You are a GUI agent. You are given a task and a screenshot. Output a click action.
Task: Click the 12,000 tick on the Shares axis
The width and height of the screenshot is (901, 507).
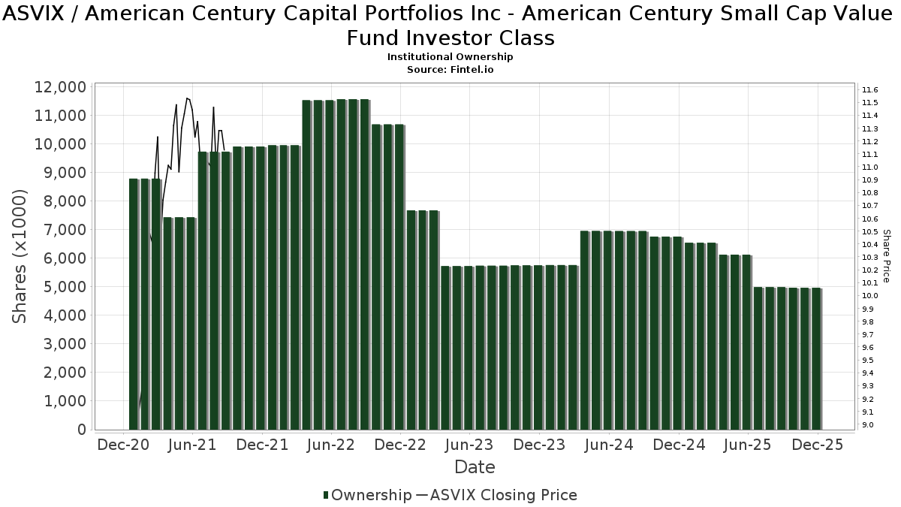(60, 87)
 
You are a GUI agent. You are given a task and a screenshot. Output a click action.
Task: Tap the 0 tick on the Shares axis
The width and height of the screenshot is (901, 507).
(80, 430)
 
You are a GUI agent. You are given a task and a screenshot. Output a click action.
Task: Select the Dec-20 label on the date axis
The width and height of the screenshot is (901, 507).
(124, 445)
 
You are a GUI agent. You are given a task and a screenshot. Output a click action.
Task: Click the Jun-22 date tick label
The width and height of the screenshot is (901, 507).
(331, 445)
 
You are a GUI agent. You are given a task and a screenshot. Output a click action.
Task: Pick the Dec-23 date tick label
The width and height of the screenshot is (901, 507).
(539, 445)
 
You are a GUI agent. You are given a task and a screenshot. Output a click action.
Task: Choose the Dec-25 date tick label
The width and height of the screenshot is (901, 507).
(816, 445)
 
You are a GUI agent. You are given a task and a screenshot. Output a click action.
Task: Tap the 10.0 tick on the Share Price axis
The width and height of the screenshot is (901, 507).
(871, 296)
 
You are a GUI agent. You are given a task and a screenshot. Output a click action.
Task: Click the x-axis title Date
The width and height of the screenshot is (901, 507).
(475, 467)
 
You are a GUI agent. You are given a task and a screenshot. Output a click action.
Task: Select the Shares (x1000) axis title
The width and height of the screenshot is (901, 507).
(21, 257)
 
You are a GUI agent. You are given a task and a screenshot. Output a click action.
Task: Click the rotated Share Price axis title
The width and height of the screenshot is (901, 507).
(886, 257)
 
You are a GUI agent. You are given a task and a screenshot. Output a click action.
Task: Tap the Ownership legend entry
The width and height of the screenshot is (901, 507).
(366, 495)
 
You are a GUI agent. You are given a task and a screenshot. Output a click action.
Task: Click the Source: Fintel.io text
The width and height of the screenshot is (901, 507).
(450, 69)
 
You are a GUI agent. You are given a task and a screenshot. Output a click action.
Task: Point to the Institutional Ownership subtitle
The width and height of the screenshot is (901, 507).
(450, 57)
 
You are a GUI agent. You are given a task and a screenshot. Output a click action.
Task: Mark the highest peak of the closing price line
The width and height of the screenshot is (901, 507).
(187, 98)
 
